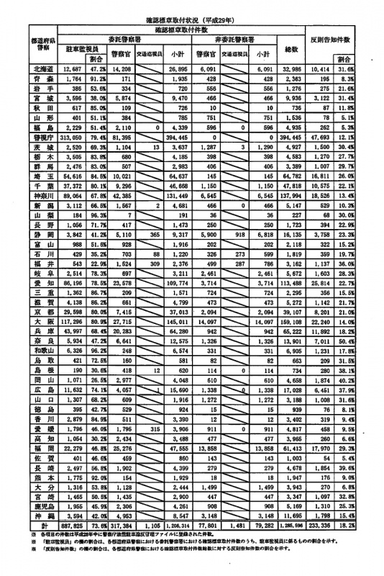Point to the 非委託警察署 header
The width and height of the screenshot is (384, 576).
241,40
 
